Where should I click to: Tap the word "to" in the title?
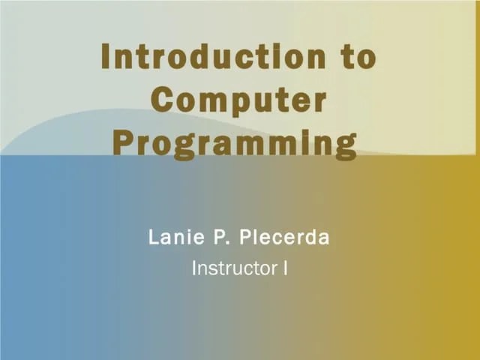tap(355, 58)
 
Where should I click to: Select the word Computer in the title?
tap(238, 101)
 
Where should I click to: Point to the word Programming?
tap(234, 144)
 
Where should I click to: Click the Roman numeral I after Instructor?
tap(285, 268)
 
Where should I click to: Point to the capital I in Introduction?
tap(106, 58)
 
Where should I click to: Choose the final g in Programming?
tap(344, 147)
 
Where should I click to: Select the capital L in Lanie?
tap(154, 238)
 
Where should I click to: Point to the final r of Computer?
tap(320, 103)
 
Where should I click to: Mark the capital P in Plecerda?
tap(244, 238)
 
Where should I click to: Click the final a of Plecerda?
tap(325, 239)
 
